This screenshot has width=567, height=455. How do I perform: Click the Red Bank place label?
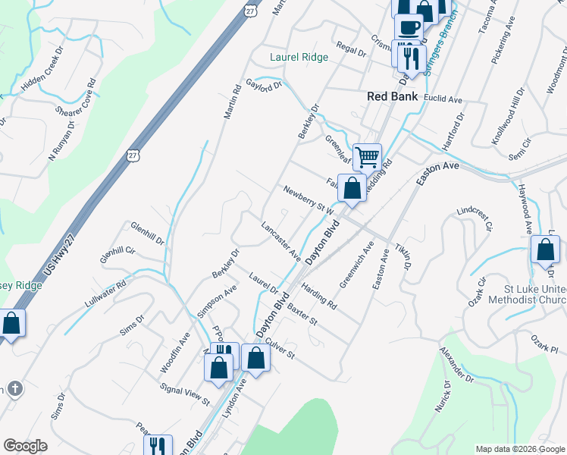point(392,96)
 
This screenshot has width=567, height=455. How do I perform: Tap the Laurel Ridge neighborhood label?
point(299,57)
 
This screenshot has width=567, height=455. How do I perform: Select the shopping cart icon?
point(367,158)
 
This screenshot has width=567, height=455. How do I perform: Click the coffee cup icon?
point(409,27)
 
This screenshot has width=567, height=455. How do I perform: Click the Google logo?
point(25,445)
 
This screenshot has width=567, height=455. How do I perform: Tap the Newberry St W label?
point(309,199)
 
